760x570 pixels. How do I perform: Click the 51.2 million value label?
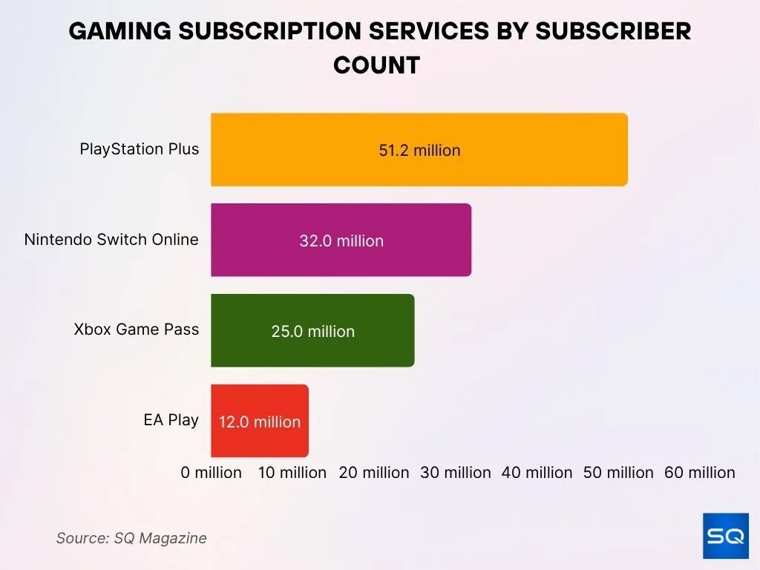(419, 150)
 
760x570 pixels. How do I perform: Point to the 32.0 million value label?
(341, 240)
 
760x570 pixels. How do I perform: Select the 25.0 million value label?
(312, 331)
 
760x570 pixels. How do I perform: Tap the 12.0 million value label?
(259, 422)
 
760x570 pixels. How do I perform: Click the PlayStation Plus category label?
(140, 149)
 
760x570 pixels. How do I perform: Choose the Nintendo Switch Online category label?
(111, 240)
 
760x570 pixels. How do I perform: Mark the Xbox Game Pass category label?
(137, 330)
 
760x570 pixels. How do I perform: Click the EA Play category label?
(171, 420)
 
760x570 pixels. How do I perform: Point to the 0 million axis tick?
(212, 473)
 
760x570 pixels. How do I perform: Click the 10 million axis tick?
(292, 473)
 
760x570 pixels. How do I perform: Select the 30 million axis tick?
(456, 473)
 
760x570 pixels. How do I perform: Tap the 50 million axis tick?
(618, 473)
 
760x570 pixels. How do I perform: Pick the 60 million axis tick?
(700, 473)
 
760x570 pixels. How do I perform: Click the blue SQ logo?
(725, 535)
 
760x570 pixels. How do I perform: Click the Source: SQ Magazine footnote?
(131, 538)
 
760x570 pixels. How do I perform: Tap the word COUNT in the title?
(376, 65)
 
